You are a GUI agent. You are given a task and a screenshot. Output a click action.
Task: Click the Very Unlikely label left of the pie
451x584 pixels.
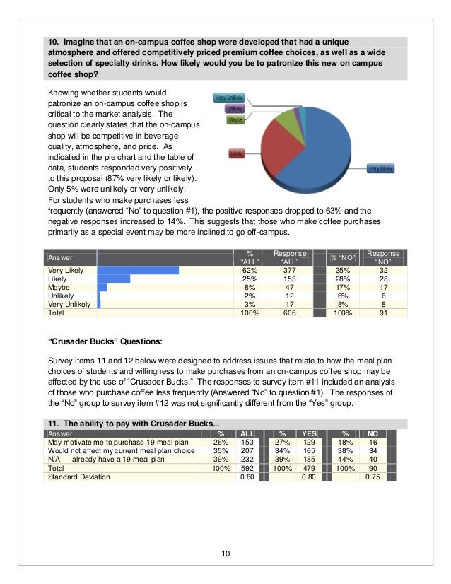tap(230, 98)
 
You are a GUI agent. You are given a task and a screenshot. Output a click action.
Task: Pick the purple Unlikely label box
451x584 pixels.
tap(235, 109)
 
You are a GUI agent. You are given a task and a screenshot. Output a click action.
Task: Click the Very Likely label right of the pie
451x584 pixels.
tap(380, 168)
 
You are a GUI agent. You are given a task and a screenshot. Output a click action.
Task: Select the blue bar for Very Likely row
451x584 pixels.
tap(138, 270)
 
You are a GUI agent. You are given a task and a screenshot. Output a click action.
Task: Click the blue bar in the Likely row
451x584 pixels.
tap(114, 279)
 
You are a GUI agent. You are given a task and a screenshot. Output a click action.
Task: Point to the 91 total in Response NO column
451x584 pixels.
tap(385, 312)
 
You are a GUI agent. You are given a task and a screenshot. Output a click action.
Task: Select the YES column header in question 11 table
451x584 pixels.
tap(309, 433)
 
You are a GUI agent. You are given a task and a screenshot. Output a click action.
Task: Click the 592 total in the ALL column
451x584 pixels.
tap(247, 468)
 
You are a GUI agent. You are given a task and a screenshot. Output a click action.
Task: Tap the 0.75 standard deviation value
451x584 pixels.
tap(372, 477)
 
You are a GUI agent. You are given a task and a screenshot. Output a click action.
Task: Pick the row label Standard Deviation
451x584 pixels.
tap(78, 477)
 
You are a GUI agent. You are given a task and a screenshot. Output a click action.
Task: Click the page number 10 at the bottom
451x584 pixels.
tap(225, 554)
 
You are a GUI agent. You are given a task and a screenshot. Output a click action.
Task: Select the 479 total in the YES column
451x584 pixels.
tap(309, 468)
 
